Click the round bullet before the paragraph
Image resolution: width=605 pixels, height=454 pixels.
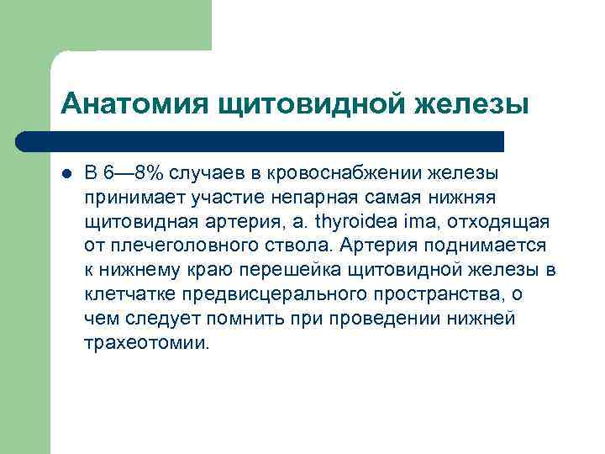click(66, 173)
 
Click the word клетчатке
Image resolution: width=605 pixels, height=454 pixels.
click(129, 294)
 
